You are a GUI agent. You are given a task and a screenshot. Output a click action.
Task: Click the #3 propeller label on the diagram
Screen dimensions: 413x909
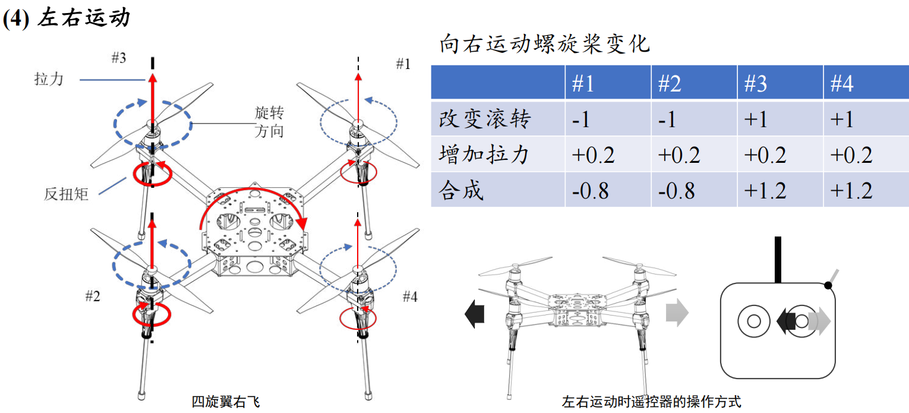point(119,58)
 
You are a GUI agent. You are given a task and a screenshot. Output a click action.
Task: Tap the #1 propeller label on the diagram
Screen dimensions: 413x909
point(403,64)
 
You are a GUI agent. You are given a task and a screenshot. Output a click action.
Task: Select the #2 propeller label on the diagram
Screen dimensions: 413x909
point(92,297)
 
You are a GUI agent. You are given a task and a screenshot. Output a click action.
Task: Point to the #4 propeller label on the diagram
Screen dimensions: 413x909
point(410,297)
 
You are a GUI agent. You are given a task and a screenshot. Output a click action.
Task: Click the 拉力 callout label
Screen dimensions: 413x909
point(49,78)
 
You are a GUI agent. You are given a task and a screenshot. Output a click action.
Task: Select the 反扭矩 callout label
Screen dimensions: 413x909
point(66,194)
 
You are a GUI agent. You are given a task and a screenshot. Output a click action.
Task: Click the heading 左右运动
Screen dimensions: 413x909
point(83,18)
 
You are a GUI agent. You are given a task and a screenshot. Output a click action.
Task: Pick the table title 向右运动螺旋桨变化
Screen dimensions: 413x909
point(544,45)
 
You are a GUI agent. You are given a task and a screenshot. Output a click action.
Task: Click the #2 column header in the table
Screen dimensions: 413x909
point(670,84)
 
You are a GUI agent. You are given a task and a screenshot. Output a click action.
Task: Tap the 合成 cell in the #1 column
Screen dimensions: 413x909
point(591,191)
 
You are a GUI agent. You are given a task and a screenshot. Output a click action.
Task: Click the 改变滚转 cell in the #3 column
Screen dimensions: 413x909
point(756,119)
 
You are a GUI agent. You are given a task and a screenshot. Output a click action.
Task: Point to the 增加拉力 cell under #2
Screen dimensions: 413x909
point(679,155)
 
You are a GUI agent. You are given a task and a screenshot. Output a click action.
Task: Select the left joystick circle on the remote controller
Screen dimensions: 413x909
point(754,321)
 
